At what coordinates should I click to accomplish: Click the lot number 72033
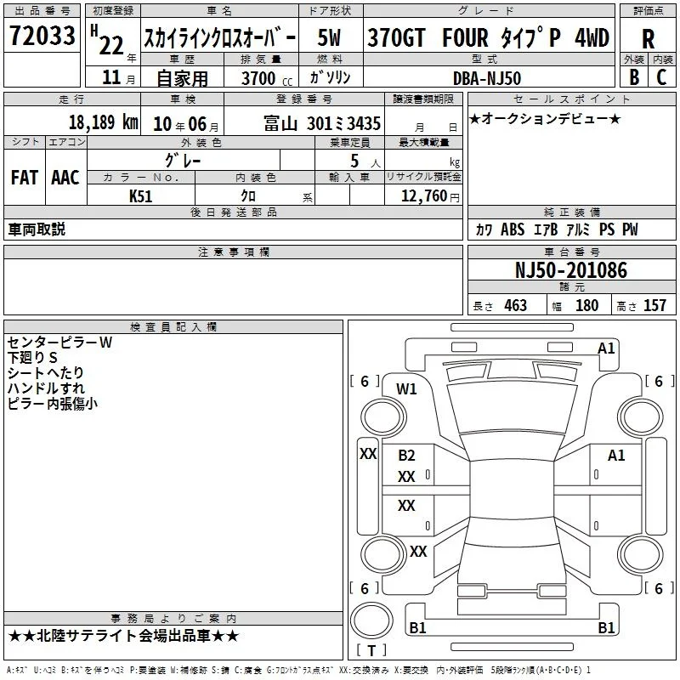coord(42,36)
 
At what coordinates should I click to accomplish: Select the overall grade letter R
coord(648,39)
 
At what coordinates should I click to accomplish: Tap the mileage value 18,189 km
coord(103,122)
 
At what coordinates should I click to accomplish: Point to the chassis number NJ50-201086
coord(570,270)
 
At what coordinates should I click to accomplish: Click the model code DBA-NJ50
coord(486,78)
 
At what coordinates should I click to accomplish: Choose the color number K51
coord(140,196)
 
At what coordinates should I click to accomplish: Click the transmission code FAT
coord(25,178)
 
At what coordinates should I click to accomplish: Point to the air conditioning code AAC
coord(65,178)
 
